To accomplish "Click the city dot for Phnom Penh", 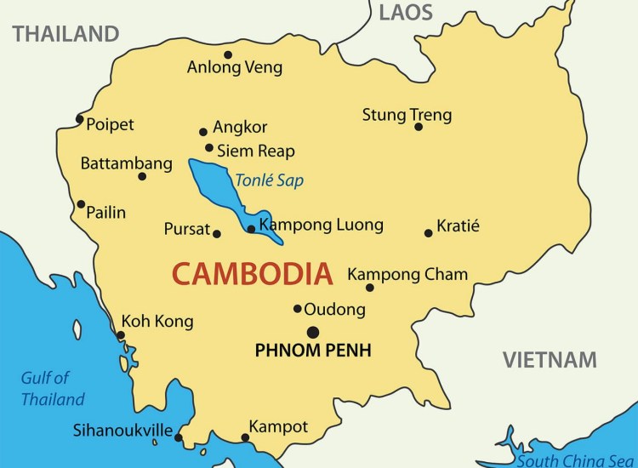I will tap(313, 332).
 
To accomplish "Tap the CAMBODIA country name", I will tap(252, 274).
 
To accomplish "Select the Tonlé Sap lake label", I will tap(269, 180).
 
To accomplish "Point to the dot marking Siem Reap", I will tap(209, 147).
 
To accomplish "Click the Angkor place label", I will tap(240, 128).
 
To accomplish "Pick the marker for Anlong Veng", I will tap(228, 54).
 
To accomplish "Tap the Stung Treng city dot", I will tap(419, 127).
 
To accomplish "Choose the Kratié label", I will tap(458, 226).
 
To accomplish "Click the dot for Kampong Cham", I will tap(370, 288).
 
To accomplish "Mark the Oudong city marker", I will tap(298, 309).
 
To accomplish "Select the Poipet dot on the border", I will tap(79, 118).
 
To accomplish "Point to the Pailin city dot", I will tap(81, 203).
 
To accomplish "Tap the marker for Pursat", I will tap(217, 233).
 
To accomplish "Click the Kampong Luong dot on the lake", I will tap(250, 228).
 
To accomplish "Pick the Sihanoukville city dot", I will tap(179, 437).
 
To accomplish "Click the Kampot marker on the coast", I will tap(245, 438).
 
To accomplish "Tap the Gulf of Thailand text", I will tap(53, 389).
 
